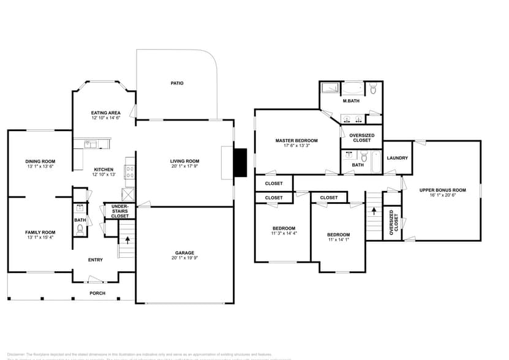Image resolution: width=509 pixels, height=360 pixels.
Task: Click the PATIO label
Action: [x=177, y=83]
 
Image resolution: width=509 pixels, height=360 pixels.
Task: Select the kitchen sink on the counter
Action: [x=89, y=144]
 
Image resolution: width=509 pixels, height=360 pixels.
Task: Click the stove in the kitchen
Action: [x=129, y=170]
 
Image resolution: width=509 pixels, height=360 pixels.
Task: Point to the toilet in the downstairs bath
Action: [x=80, y=230]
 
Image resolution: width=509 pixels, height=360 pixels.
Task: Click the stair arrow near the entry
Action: [x=127, y=239]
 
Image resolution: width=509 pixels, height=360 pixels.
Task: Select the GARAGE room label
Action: [x=184, y=253]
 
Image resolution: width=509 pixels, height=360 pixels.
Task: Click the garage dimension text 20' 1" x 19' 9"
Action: [x=184, y=258]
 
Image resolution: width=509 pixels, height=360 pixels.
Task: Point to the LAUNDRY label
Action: [x=397, y=159]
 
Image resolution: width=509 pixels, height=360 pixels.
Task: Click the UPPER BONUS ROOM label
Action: [x=442, y=190]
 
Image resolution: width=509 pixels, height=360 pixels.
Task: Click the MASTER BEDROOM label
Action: [x=296, y=141]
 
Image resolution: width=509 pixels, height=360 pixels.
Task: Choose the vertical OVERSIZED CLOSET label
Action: [x=392, y=223]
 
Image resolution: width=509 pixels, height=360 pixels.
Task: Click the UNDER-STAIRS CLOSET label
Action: [x=120, y=211]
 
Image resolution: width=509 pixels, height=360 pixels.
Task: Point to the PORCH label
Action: [x=97, y=293]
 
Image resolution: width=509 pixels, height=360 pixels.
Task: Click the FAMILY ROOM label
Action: [x=40, y=232]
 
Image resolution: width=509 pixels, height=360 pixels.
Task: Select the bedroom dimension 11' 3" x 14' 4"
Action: [x=284, y=233]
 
